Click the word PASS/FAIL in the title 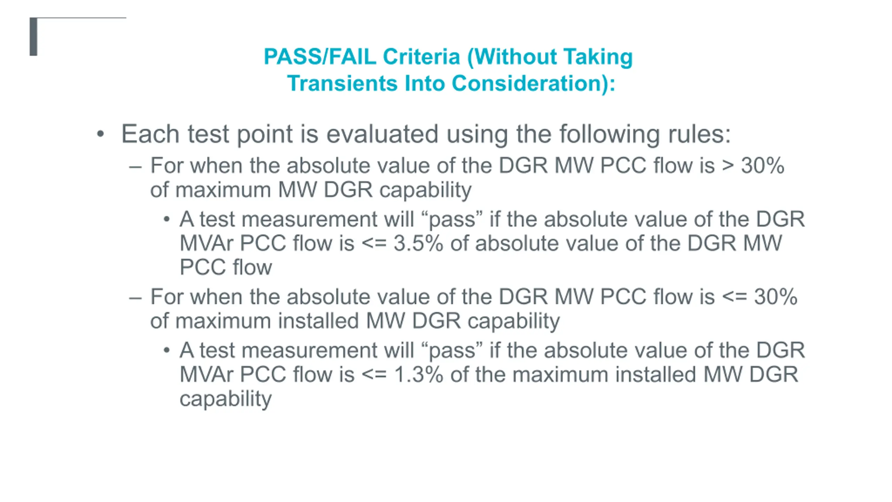pos(320,56)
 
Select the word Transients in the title pos(342,83)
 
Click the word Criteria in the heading pos(421,56)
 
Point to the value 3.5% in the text pos(418,243)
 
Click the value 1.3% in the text pos(418,374)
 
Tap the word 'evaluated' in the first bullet pos(382,134)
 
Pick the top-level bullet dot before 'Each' pos(100,134)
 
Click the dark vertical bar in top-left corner pos(33,37)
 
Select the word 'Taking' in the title pos(598,57)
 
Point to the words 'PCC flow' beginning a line pos(226,267)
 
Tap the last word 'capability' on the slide pos(225,399)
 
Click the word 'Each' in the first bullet pos(150,134)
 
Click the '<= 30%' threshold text pos(760,297)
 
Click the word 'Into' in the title pos(424,83)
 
